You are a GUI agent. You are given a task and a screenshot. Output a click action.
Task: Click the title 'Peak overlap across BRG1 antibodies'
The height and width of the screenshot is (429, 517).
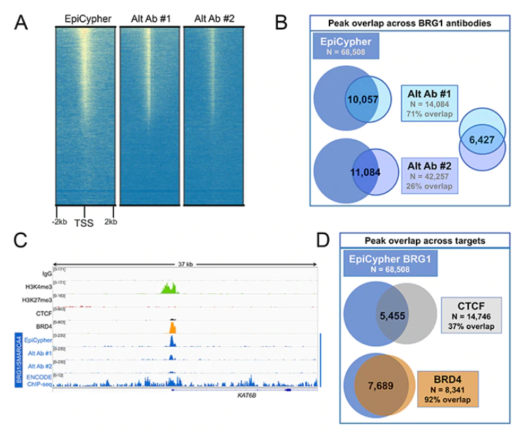click(408, 23)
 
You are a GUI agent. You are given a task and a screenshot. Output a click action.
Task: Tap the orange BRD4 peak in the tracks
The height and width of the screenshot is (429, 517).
click(172, 327)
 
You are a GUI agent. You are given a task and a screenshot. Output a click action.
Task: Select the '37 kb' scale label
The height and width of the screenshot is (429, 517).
click(184, 264)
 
